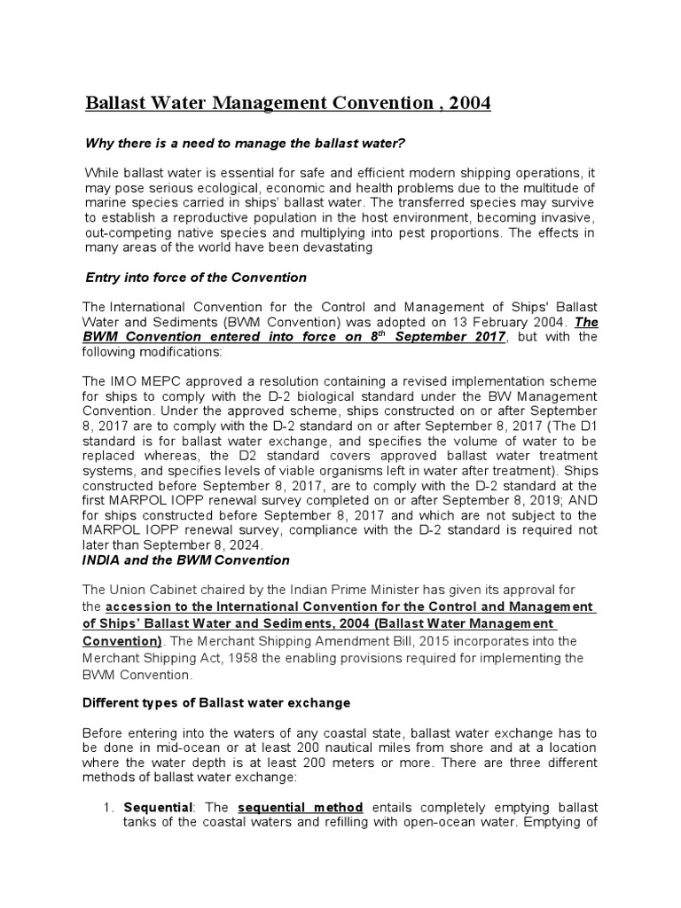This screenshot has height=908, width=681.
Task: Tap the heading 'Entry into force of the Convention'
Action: [195, 278]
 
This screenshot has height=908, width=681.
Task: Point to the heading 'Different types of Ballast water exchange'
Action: [216, 702]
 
